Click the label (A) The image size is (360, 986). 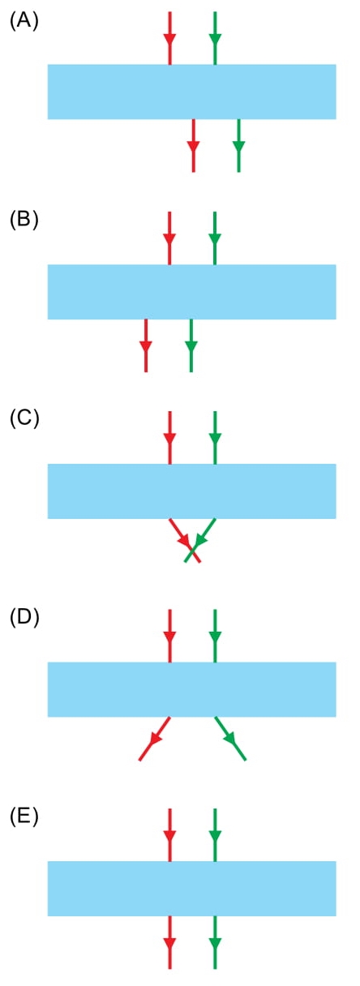tap(24, 21)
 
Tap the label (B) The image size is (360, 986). tap(24, 220)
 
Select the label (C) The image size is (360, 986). tap(24, 418)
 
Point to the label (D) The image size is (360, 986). tap(24, 618)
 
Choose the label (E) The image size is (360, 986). tap(24, 817)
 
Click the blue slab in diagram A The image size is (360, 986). tap(192, 92)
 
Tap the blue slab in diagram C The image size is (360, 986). tap(192, 491)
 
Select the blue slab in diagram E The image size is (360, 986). tap(192, 889)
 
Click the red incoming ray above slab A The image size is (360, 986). tap(170, 38)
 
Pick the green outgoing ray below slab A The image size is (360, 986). tap(238, 146)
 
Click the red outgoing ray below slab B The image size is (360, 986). tap(146, 345)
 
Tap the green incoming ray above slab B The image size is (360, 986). tap(215, 238)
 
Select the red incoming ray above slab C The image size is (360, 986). tap(170, 438)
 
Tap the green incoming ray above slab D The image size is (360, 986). tap(215, 636)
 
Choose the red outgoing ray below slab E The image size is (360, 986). tap(170, 942)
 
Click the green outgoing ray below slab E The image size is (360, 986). tap(215, 942)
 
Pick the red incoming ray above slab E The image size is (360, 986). tap(170, 834)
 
